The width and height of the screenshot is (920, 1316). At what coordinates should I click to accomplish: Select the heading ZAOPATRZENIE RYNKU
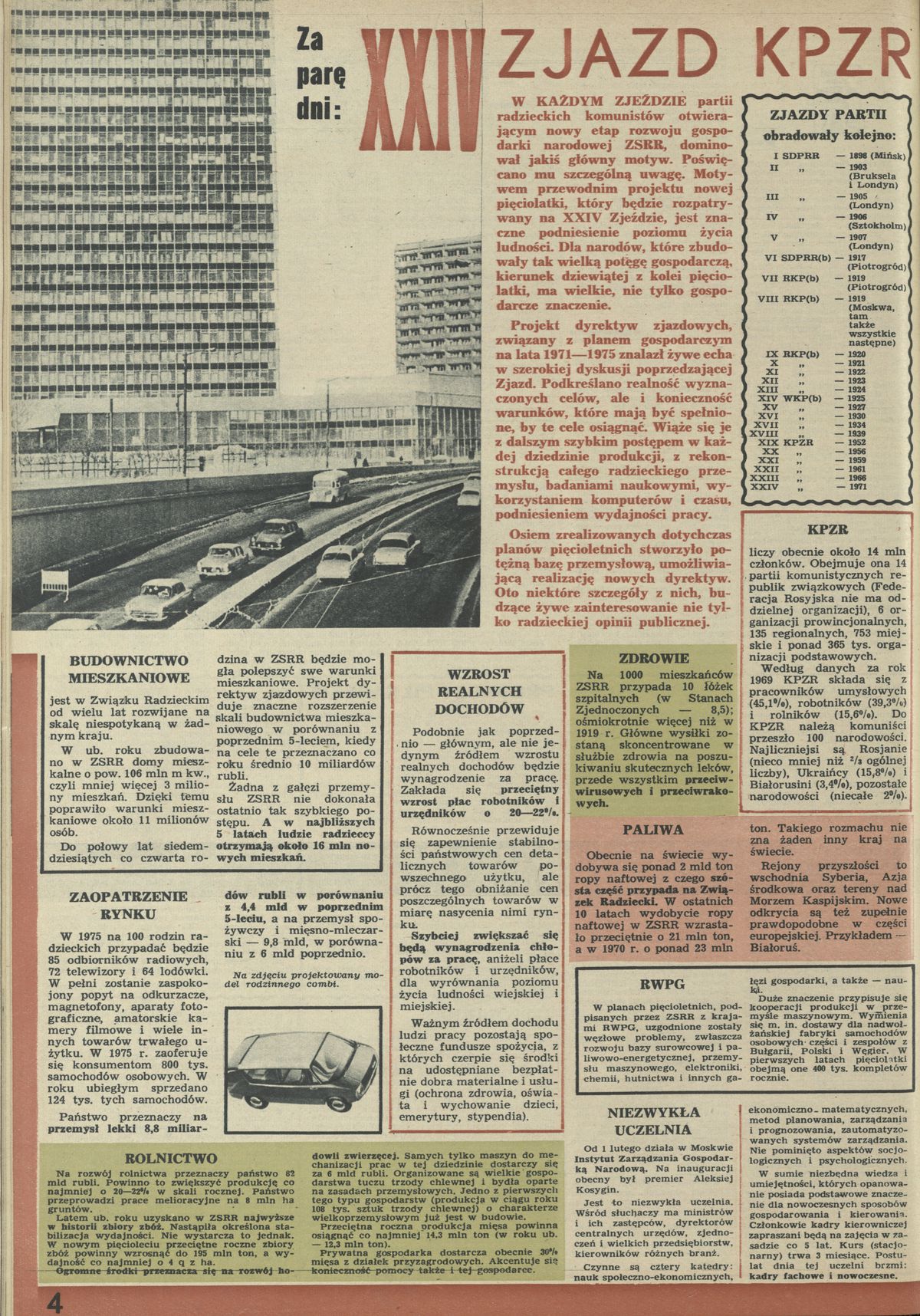(x=117, y=906)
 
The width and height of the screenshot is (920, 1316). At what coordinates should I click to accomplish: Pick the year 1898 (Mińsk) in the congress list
(x=873, y=154)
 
